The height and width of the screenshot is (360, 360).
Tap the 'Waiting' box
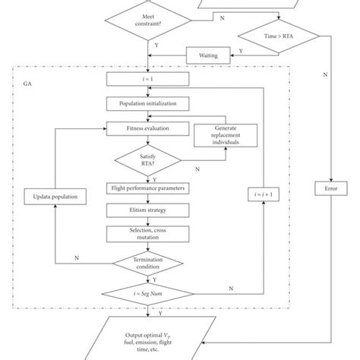208,55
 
